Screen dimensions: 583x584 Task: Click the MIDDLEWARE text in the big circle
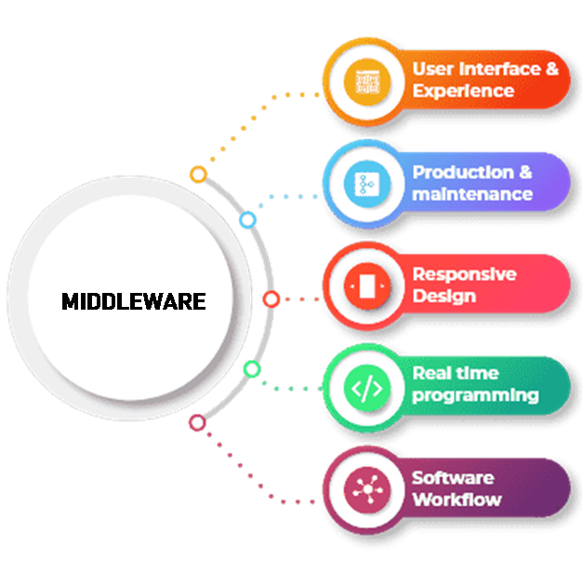tap(134, 301)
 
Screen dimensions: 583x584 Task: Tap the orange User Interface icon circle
tap(367, 82)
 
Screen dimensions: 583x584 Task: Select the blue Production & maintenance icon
tap(367, 184)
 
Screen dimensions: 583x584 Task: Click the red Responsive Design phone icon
tap(367, 286)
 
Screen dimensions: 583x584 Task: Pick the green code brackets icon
tap(367, 388)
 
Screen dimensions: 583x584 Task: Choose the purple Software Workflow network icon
tap(367, 490)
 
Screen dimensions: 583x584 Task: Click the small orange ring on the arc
tap(198, 174)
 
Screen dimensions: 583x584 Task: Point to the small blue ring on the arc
tap(247, 219)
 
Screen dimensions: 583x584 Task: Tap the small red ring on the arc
tap(272, 299)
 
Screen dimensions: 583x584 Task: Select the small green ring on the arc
tap(252, 369)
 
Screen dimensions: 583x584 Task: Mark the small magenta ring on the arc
tap(197, 423)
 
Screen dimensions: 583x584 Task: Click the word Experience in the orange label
tap(463, 91)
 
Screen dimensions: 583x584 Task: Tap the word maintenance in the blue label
tap(472, 194)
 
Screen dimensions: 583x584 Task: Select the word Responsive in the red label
tap(464, 275)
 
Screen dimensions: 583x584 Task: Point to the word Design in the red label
tap(444, 297)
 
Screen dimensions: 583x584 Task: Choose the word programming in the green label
tap(475, 396)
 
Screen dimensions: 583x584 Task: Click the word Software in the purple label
tap(453, 478)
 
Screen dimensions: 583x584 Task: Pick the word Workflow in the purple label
tap(457, 499)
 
